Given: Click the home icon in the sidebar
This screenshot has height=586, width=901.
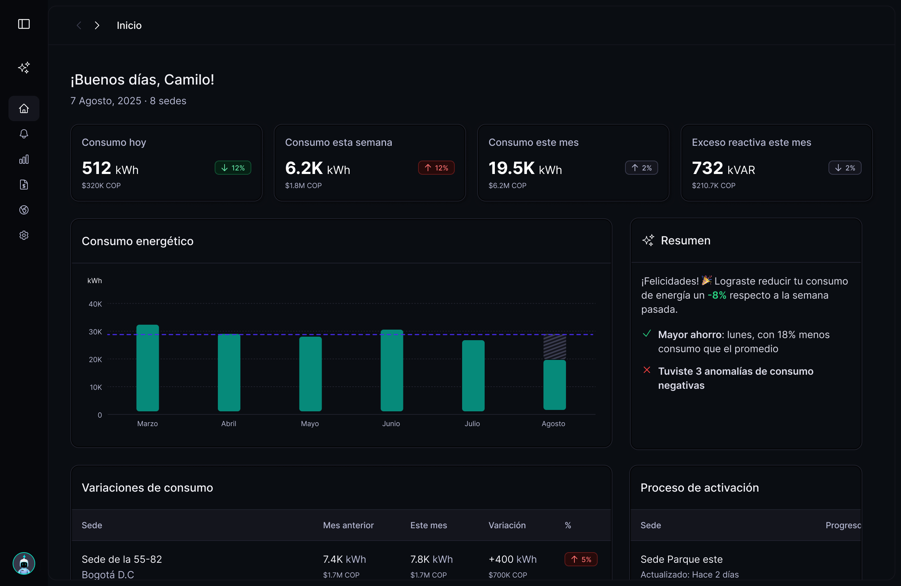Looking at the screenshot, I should (x=24, y=109).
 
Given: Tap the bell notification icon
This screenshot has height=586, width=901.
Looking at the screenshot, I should (x=24, y=134).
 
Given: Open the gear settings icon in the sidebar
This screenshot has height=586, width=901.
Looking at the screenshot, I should (x=24, y=235).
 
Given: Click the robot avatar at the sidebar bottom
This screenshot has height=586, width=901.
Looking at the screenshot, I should (x=24, y=563).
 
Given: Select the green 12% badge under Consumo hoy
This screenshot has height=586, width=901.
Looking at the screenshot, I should (x=233, y=168).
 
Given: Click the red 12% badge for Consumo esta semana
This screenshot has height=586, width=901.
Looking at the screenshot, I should (x=436, y=168).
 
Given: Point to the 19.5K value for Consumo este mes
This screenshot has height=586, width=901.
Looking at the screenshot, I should (x=511, y=168).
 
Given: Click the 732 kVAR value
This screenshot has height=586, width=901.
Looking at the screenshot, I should (x=707, y=168).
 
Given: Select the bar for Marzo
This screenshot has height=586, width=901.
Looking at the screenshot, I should (x=147, y=367).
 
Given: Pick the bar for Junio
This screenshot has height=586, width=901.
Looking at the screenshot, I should (x=391, y=370).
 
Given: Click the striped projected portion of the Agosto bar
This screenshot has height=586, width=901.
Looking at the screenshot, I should (x=555, y=347).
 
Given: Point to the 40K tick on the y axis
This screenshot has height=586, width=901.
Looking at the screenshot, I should (x=95, y=304).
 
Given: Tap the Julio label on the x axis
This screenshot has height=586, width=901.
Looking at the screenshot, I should (x=472, y=424).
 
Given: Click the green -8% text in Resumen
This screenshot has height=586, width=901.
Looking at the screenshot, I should (x=717, y=295).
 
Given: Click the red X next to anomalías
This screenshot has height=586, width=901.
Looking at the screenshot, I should (x=647, y=370).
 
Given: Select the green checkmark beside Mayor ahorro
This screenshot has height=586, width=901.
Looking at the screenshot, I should (x=647, y=333).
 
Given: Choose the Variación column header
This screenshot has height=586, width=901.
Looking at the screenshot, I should (x=507, y=525).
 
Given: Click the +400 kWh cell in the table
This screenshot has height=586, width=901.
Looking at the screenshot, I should (x=512, y=559).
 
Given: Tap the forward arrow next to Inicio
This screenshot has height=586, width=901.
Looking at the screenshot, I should (x=97, y=25).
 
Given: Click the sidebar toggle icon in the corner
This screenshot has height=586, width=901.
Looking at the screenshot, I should (x=24, y=24).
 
